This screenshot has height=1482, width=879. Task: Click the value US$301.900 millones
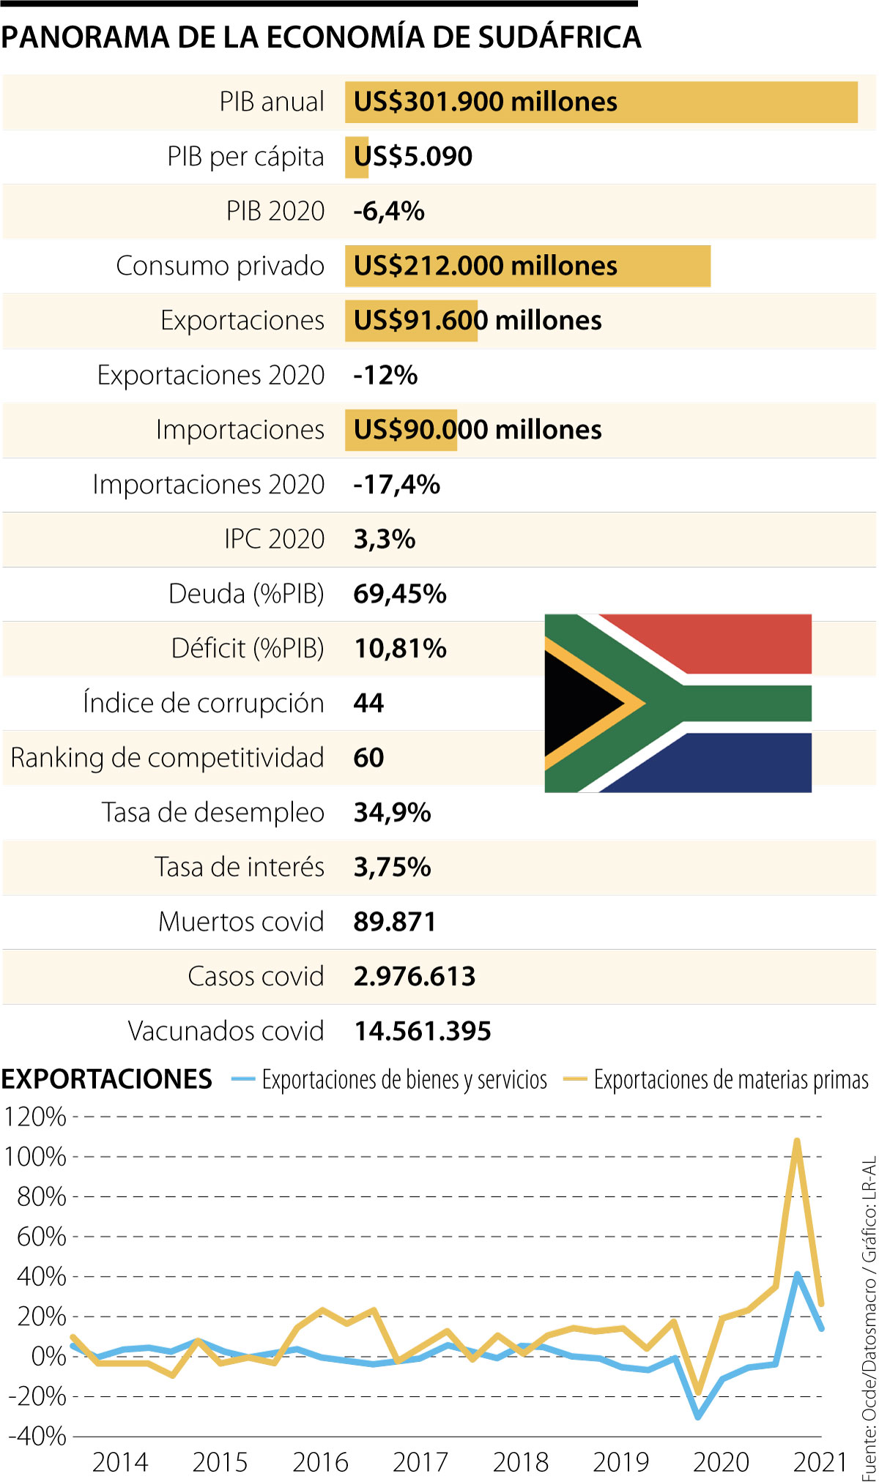click(485, 102)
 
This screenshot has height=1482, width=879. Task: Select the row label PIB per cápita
click(245, 157)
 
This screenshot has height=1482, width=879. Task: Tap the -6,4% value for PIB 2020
click(388, 212)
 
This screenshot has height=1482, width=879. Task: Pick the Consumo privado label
click(220, 266)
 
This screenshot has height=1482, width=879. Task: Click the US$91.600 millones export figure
click(477, 321)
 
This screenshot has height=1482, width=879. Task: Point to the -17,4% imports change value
click(396, 485)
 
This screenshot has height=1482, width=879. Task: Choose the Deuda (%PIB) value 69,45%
click(399, 594)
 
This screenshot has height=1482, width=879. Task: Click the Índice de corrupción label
click(203, 703)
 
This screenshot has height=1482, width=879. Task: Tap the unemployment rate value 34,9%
click(392, 813)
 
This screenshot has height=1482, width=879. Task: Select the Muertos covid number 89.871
click(394, 922)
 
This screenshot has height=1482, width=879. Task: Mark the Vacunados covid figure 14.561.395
click(423, 1032)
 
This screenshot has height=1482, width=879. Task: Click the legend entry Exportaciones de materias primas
click(730, 1080)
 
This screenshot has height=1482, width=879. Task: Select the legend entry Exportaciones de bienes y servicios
click(404, 1080)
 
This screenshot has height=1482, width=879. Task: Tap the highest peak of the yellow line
click(796, 1141)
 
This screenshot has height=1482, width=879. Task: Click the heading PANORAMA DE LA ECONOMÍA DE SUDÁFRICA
click(321, 37)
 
